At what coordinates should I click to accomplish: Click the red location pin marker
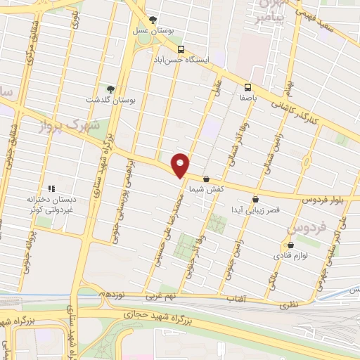[x=181, y=165]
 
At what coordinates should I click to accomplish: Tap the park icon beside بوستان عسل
[x=154, y=20]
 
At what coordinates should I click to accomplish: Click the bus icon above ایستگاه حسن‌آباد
[x=181, y=49]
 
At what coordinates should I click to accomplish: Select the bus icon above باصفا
[x=247, y=87]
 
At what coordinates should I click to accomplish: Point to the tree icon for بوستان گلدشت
[x=109, y=89]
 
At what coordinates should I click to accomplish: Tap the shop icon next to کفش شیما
[x=206, y=179]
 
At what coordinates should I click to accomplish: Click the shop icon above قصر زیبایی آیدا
[x=255, y=199]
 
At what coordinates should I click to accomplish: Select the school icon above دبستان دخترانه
[x=51, y=188]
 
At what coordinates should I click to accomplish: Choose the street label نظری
[x=290, y=303]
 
